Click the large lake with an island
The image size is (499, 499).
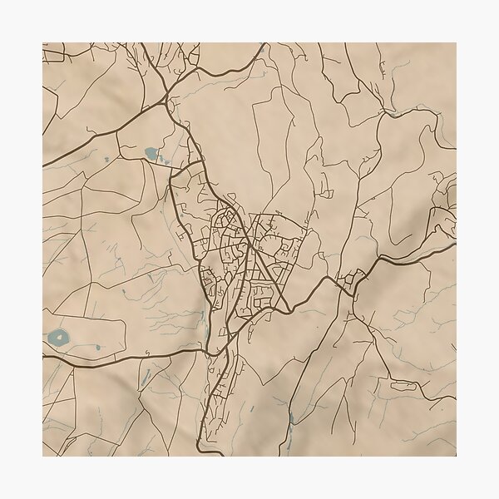pyautogui.click(x=58, y=338)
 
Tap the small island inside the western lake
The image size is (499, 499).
pyautogui.click(x=58, y=338)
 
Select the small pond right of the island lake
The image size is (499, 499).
pyautogui.click(x=97, y=348)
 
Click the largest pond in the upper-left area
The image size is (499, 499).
pyautogui.click(x=151, y=153)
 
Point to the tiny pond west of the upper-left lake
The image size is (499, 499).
pyautogui.click(x=107, y=158)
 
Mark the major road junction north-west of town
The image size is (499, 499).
pyautogui.click(x=170, y=98)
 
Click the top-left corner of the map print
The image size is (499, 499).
pyautogui.click(x=43, y=43)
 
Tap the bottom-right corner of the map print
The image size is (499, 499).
pyautogui.click(x=456, y=456)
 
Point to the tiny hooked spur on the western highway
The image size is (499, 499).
pyautogui.click(x=146, y=354)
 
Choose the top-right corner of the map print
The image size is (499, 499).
pyautogui.click(x=456, y=43)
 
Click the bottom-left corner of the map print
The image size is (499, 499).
pyautogui.click(x=43, y=456)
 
